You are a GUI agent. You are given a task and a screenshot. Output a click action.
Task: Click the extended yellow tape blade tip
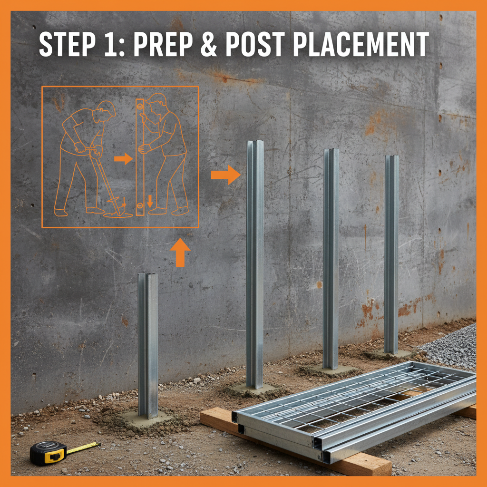[x=99, y=444]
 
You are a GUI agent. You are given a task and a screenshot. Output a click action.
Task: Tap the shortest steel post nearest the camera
[x=147, y=345]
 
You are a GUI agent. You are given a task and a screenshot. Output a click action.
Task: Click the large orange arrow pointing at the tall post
[x=226, y=175]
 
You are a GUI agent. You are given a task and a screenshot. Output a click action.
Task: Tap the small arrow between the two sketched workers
[x=123, y=159]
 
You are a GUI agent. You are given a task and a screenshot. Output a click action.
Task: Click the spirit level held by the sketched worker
[x=140, y=157]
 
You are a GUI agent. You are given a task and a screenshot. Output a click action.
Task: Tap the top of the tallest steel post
[x=255, y=141]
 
